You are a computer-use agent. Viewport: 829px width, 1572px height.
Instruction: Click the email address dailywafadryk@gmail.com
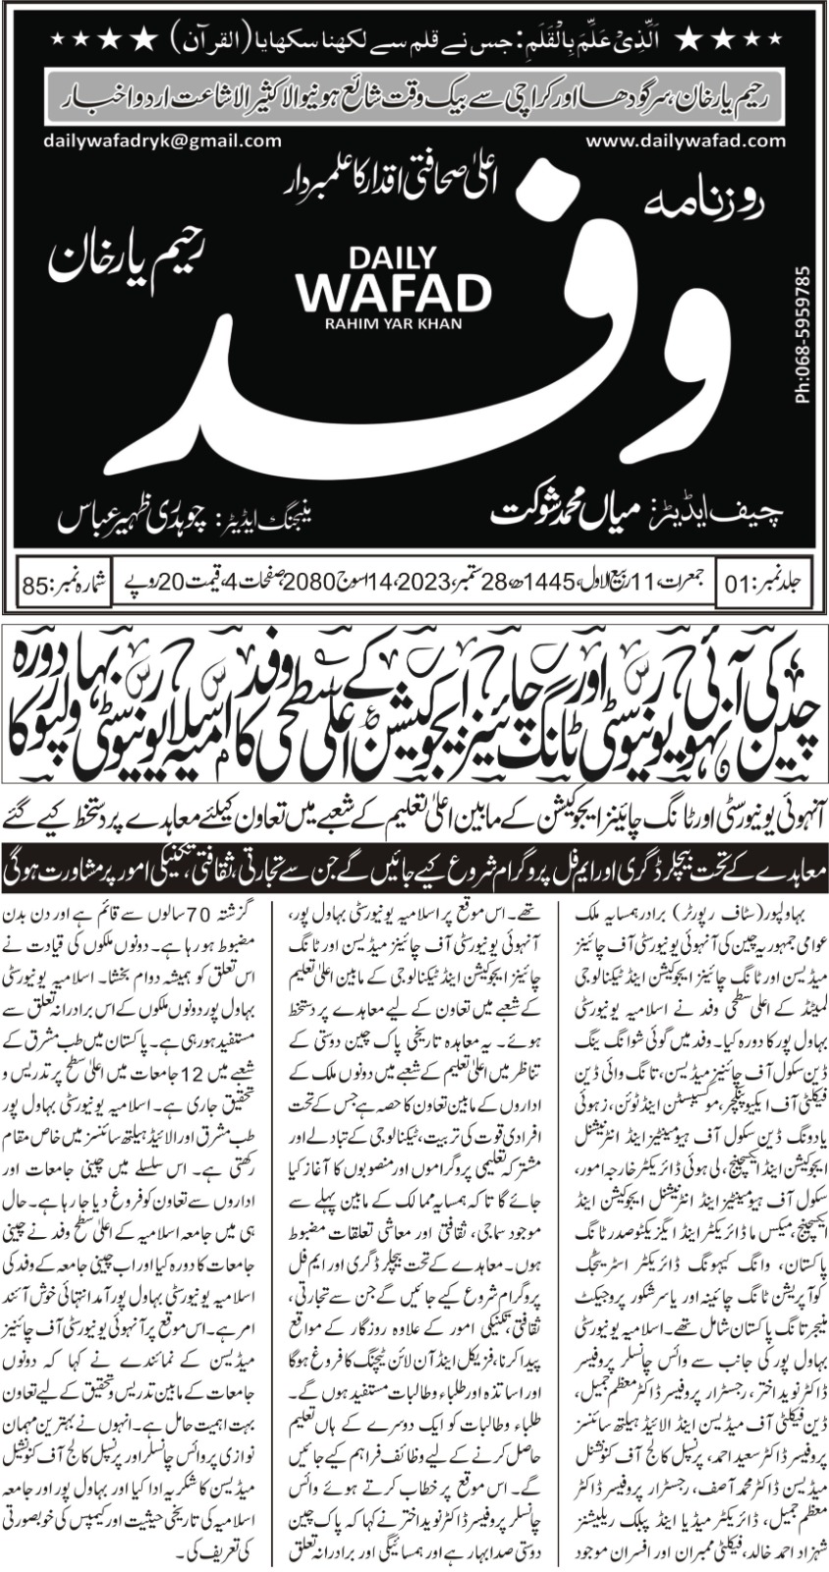162,140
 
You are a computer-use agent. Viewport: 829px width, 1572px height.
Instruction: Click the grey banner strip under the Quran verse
414,98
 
